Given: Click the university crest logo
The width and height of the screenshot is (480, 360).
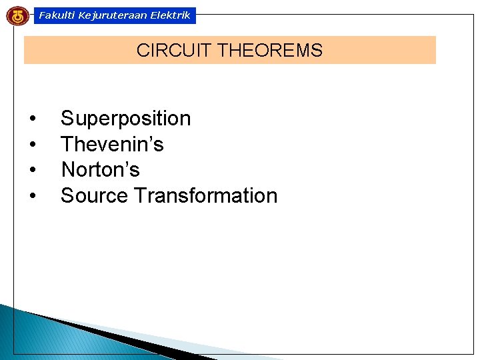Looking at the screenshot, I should tap(17, 15).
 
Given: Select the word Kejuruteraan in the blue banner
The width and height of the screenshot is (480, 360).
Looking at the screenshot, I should tap(106, 15).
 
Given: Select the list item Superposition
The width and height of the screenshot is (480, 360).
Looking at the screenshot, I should tap(125, 119).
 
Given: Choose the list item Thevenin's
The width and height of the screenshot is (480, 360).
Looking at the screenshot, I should tap(112, 144).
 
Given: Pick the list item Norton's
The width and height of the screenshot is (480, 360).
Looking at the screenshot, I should tap(100, 170).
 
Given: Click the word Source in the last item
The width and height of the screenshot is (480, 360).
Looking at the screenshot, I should tap(95, 196).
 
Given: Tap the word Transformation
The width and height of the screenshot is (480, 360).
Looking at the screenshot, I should tap(205, 196).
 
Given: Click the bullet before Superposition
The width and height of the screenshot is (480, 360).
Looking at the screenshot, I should tap(33, 119).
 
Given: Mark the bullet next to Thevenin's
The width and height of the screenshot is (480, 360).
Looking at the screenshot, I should tap(33, 145).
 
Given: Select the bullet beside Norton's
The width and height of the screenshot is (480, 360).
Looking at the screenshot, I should tap(33, 171).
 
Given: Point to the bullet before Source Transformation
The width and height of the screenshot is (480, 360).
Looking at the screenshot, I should tap(33, 197).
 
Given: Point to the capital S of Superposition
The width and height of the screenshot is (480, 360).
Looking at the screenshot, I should tap(67, 119).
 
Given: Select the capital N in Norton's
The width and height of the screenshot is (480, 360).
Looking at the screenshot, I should tap(68, 170).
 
